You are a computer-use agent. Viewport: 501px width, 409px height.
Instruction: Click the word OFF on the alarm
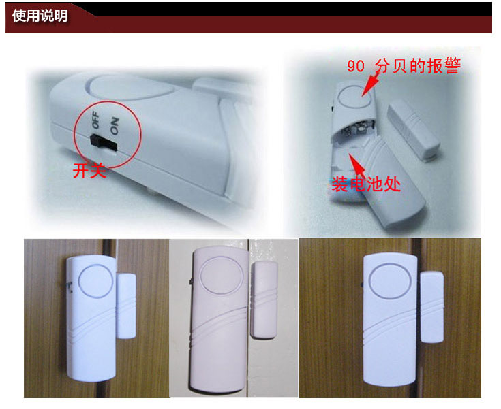96,122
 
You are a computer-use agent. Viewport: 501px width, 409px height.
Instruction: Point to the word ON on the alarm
114,123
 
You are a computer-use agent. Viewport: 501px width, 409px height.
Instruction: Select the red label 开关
89,170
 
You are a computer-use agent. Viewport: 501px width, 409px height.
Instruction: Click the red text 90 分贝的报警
404,67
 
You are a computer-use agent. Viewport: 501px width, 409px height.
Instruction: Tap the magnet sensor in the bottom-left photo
127,304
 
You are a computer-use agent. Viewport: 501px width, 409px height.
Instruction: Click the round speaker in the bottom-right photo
388,279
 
